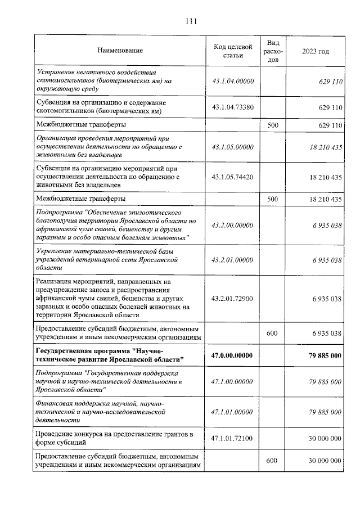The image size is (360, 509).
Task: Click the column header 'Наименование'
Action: point(120,51)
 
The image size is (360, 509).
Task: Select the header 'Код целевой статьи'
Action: point(232,51)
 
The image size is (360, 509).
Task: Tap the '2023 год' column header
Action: point(315,51)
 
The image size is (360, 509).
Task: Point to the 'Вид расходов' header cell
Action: point(273,51)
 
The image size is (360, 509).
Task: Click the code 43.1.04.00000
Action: point(232,82)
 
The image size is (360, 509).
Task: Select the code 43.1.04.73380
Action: point(232,107)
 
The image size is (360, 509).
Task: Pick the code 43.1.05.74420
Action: point(232,177)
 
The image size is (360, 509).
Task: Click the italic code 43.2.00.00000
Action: point(232,225)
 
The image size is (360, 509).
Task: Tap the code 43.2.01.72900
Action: point(232,299)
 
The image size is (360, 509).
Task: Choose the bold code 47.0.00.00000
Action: point(232,355)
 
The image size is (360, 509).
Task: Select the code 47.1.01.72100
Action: point(232,438)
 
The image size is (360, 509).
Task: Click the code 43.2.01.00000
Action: point(232,260)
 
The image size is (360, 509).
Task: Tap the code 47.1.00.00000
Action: point(232,381)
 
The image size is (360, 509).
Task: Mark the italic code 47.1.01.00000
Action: point(232,412)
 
